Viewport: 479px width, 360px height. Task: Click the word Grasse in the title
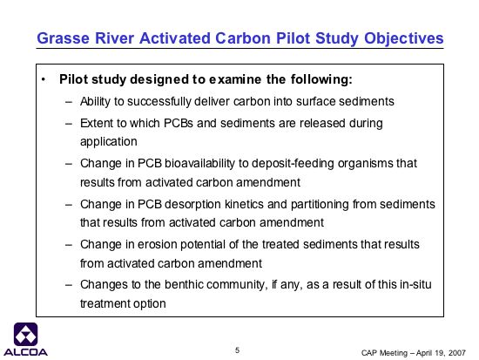[64, 38]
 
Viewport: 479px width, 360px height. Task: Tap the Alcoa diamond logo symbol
[25, 335]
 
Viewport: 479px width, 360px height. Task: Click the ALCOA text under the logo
[25, 352]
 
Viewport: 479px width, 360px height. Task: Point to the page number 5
[238, 350]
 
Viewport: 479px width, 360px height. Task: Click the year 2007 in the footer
[457, 353]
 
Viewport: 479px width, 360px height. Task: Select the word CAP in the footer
[369, 353]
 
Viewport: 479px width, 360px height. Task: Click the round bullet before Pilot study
[44, 80]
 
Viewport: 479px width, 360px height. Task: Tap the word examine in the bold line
[235, 79]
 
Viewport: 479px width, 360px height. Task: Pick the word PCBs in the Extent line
[179, 123]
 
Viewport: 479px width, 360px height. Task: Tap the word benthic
[184, 285]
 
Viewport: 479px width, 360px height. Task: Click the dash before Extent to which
[69, 124]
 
